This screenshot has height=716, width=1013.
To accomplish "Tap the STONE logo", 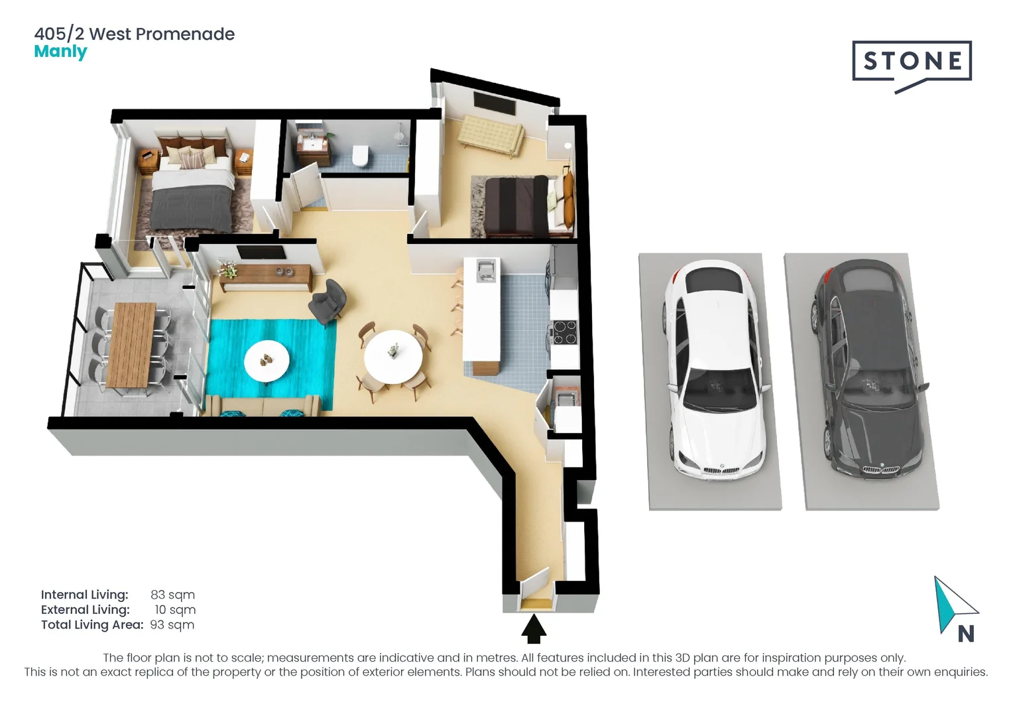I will (x=912, y=62).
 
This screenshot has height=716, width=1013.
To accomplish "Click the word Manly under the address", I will (x=60, y=52).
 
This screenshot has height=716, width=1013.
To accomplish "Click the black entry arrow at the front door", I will (x=533, y=629).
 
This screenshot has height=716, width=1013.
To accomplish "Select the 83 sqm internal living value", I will (x=172, y=595).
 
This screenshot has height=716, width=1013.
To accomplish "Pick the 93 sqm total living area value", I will (x=172, y=625).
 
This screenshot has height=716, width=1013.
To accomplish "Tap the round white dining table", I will (x=393, y=356).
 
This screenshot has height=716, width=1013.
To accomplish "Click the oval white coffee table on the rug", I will (x=267, y=361).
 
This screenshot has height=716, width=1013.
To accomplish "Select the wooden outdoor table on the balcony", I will (x=131, y=345).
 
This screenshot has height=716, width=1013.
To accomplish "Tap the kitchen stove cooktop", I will (x=565, y=332).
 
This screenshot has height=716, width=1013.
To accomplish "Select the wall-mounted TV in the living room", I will (x=261, y=252).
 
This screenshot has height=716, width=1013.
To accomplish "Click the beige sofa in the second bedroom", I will (x=491, y=135).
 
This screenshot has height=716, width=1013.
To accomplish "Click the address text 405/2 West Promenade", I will (x=135, y=34).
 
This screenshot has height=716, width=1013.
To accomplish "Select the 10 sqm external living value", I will (x=175, y=610).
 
